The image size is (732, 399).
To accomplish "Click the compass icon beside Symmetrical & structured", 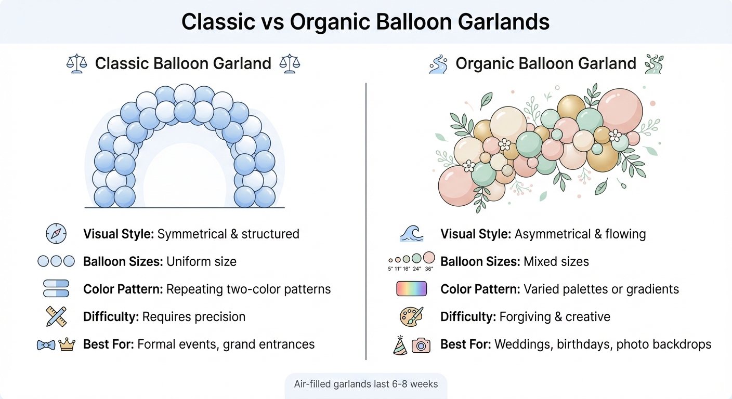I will pos(56,234).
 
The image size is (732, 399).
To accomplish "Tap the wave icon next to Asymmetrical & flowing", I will pos(412,234).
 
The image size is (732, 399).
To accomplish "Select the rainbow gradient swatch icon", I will pos(412,289).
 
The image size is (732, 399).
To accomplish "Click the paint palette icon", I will pos(411,316).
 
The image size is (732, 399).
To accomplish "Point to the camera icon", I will pos(421,344).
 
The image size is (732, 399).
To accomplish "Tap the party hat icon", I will pos(400,344).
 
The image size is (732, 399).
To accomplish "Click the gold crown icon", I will pos(67,344).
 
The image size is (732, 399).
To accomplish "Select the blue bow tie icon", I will pos(46,344).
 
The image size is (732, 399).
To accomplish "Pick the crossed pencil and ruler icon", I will pos(56,316).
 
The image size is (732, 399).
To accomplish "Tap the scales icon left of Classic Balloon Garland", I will pos(76,64).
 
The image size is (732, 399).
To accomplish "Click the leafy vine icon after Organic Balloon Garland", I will pos(654,64).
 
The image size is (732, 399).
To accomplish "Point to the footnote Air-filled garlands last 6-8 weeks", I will pos(366,384).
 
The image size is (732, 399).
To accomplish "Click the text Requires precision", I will pos(193,317).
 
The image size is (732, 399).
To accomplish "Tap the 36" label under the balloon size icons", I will pos(429,269).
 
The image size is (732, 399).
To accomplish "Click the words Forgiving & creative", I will pos(555,317).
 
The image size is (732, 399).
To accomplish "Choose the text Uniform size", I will pos(201,261).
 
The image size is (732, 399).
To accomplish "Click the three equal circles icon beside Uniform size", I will pos(56,261).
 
